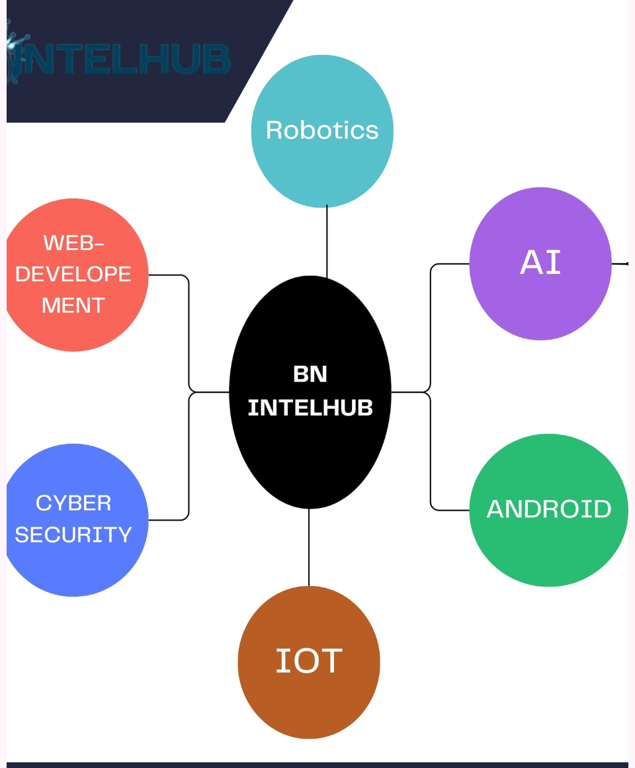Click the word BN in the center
point(310,374)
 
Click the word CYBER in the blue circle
point(73,503)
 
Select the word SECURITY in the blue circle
point(73,534)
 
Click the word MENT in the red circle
point(73,305)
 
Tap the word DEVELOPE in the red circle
point(73,274)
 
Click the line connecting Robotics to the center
point(327,241)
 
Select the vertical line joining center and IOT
point(309,547)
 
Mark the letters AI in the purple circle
point(540,263)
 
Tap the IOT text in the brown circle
point(309,661)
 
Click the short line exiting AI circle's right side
point(620,264)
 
